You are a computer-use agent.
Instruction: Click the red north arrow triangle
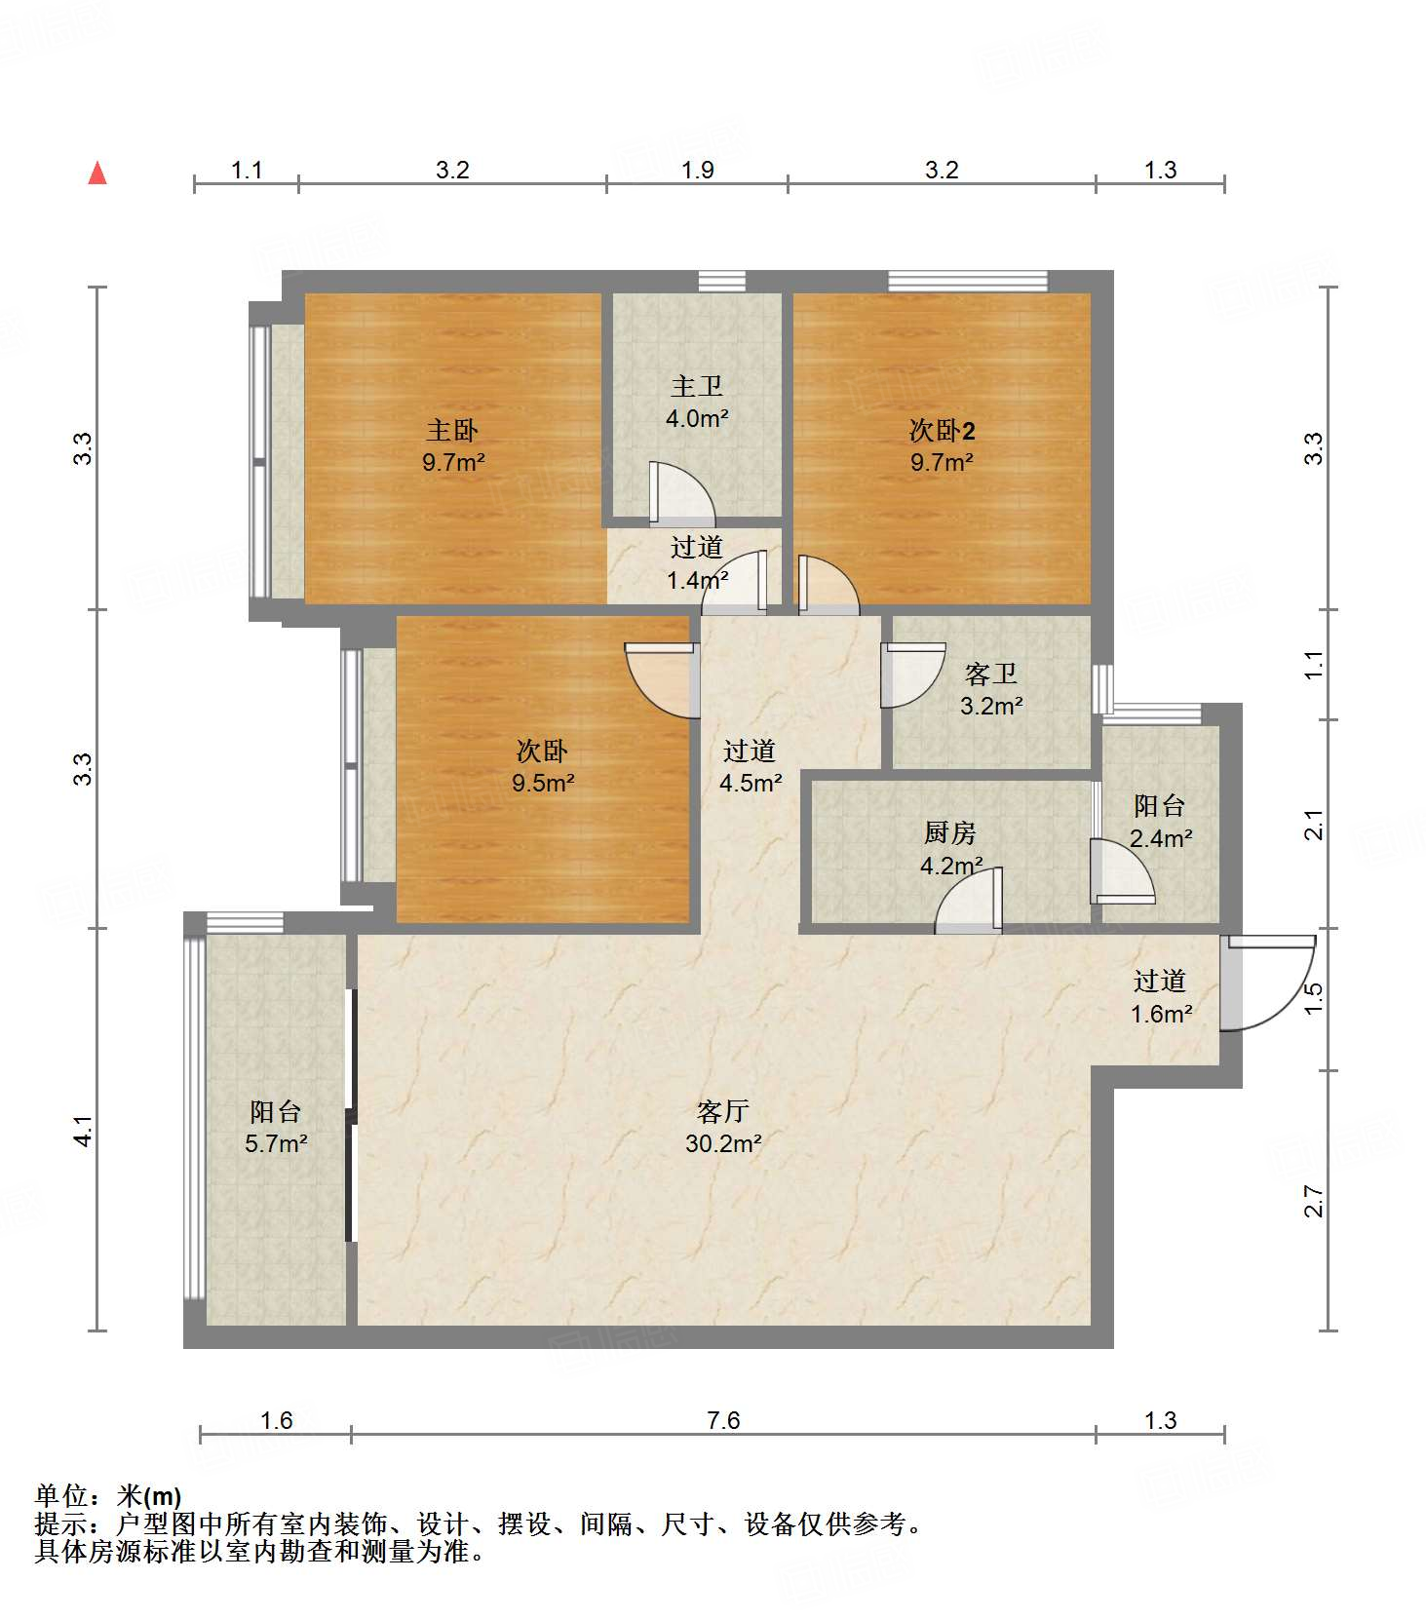97,173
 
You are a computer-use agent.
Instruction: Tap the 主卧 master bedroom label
452,430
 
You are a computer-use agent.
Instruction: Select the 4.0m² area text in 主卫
697,418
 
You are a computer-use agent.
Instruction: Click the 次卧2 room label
942,430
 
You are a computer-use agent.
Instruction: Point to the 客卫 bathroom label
990,674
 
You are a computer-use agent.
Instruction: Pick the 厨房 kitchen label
949,832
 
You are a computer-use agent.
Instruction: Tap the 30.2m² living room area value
723,1143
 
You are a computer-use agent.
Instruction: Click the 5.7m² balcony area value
276,1143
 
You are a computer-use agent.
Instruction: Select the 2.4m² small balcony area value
1161,838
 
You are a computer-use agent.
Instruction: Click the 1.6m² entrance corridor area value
1161,1014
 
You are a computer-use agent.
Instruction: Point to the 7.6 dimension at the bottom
723,1420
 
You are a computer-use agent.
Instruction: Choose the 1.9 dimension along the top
697,170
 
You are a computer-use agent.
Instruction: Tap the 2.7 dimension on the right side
1313,1201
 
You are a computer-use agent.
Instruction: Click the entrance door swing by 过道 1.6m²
1267,983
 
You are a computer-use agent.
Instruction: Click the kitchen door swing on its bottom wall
969,900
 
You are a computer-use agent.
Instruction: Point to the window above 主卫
722,281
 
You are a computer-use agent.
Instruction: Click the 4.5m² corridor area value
751,783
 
